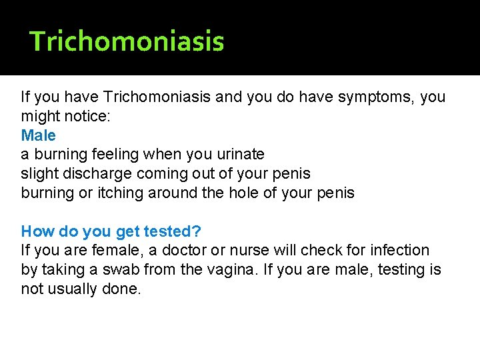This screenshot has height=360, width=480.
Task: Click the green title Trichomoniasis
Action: [127, 41]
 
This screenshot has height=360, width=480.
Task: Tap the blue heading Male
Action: [39, 135]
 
